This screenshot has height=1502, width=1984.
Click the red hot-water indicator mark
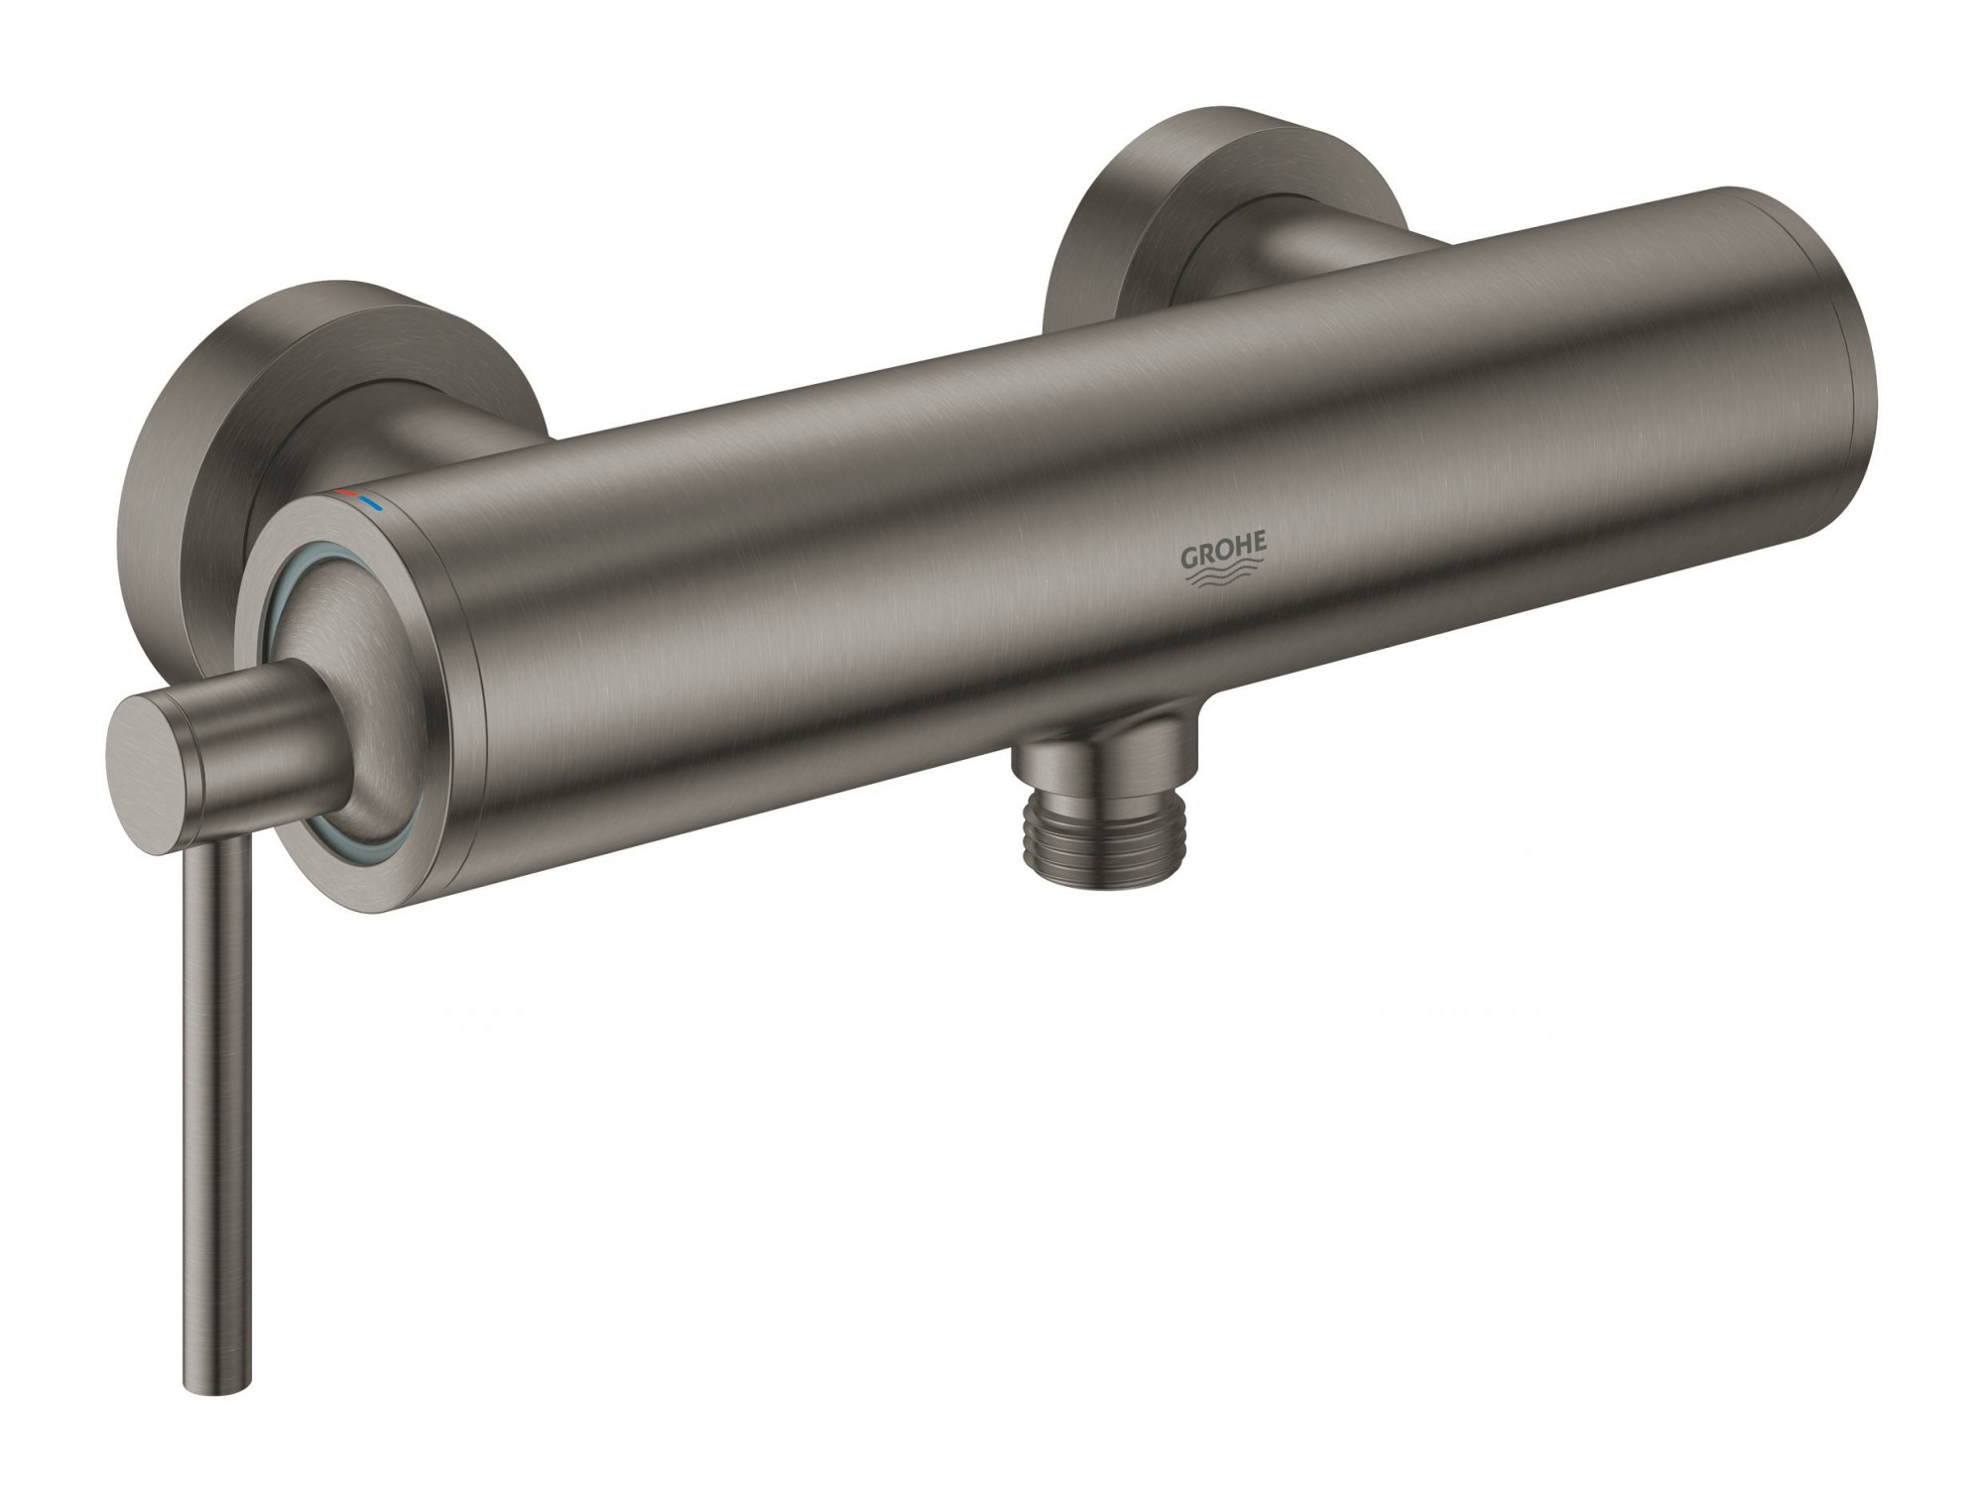click(346, 491)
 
